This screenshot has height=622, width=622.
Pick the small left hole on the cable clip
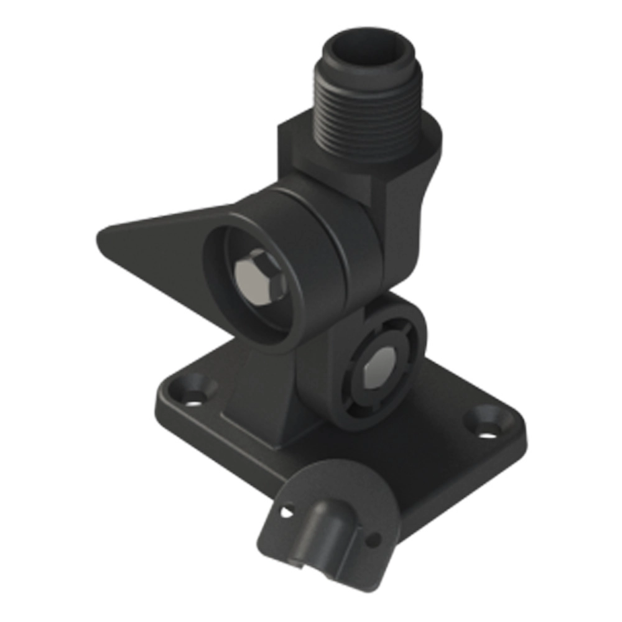(x=285, y=511)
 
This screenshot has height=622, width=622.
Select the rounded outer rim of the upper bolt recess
(x=215, y=261)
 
